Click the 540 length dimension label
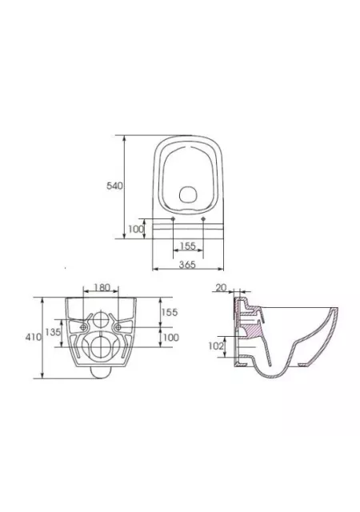tap(114, 186)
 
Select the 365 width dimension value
tap(187, 265)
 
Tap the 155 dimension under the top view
tap(188, 246)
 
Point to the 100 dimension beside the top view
tap(135, 229)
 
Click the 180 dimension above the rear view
tap(102, 287)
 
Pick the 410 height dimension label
tap(34, 337)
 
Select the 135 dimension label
tap(53, 332)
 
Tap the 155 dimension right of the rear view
tap(170, 312)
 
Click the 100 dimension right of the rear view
tap(171, 337)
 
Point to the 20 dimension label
tap(221, 288)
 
